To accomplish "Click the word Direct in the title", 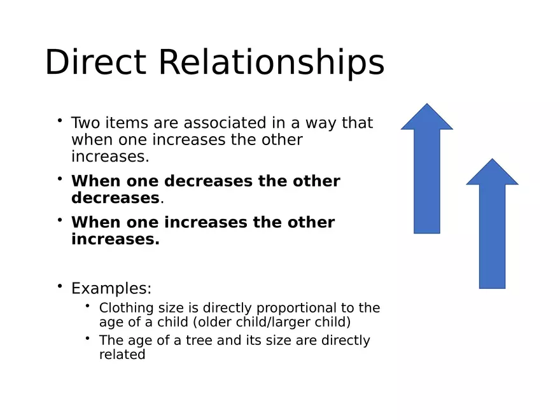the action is (x=95, y=62).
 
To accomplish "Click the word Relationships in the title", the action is (x=272, y=64).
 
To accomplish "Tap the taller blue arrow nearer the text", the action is (x=427, y=168).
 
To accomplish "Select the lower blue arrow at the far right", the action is (x=492, y=223).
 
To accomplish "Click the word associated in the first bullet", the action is (x=225, y=122).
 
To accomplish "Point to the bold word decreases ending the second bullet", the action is (x=115, y=198).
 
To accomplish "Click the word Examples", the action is (x=111, y=288).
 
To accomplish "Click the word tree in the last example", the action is (x=199, y=340).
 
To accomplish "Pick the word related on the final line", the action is (x=122, y=354).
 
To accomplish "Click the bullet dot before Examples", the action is (x=60, y=286).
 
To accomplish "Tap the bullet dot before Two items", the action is (x=60, y=120).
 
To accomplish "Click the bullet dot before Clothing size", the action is (x=88, y=305).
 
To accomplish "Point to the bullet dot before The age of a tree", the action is (x=88, y=338).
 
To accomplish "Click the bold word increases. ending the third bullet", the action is (x=115, y=239).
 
